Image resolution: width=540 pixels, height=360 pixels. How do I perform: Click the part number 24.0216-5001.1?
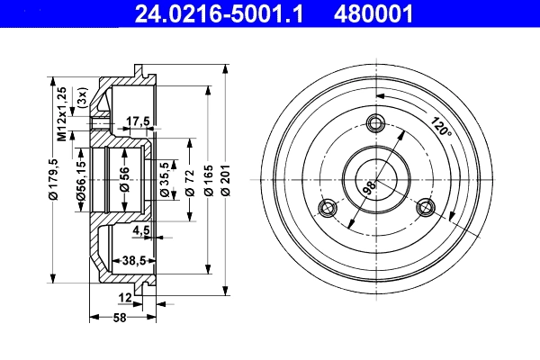220,13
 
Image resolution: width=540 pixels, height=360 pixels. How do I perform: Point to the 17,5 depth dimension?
137,121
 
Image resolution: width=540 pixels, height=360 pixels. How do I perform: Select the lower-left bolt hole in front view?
327,209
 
